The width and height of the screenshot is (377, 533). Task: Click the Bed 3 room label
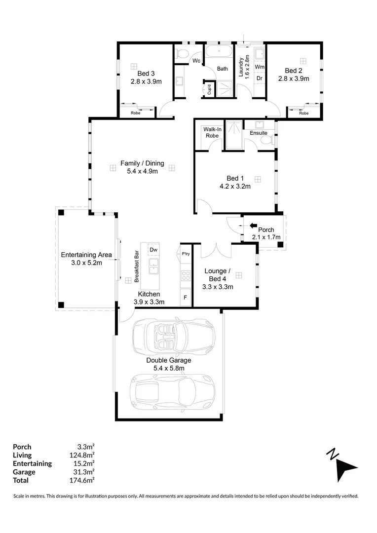(x=146, y=74)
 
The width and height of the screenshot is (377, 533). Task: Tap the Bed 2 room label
(x=294, y=71)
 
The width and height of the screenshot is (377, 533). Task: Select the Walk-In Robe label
(x=212, y=132)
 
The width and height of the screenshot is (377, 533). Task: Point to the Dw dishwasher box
(x=153, y=250)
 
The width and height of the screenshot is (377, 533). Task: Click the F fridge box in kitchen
(x=185, y=298)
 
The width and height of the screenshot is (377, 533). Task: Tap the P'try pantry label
(x=186, y=254)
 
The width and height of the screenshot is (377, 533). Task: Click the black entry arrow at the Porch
(x=253, y=226)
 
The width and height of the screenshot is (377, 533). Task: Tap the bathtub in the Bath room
(x=219, y=52)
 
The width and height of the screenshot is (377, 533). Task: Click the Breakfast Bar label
(x=137, y=266)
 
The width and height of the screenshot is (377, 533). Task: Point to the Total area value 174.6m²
(x=82, y=480)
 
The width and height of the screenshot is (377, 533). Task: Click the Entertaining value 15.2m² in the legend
(x=83, y=463)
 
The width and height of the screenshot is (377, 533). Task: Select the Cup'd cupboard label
(x=209, y=89)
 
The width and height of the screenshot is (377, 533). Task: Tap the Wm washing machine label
(x=260, y=67)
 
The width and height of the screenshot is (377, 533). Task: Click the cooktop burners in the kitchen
(x=186, y=276)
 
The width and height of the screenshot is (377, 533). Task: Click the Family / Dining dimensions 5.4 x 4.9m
(x=143, y=171)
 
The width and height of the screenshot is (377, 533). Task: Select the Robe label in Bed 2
(x=304, y=113)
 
